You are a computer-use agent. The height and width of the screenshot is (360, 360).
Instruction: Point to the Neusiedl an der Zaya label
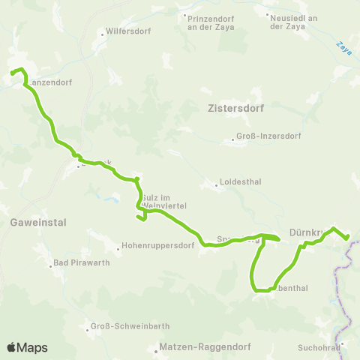[292, 20]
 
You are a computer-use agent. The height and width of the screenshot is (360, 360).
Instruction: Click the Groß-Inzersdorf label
[268, 136]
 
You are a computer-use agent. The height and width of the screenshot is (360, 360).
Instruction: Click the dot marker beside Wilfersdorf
[103, 34]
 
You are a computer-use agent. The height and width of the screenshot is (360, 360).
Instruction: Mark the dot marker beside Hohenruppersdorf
[118, 246]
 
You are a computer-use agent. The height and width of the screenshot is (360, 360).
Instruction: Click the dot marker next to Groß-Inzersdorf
[233, 137]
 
